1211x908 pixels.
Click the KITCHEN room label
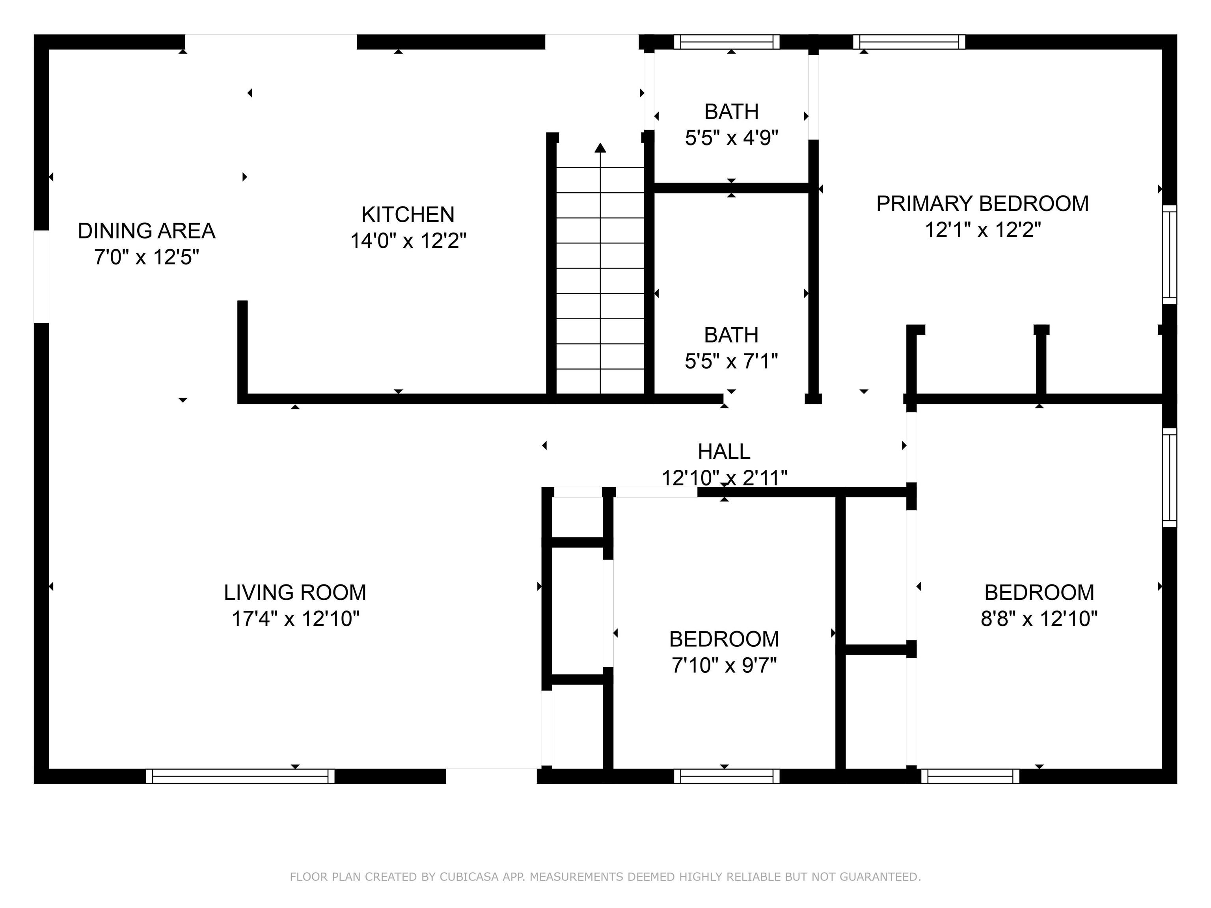(408, 214)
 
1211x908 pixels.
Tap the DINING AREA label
(146, 231)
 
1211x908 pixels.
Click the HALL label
(724, 452)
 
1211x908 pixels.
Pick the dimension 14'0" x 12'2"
(408, 241)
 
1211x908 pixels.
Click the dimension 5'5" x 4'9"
(731, 138)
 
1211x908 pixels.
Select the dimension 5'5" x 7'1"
(731, 361)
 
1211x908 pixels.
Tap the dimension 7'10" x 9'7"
(724, 666)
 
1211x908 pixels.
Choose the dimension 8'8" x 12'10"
(1039, 619)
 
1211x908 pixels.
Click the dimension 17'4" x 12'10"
(295, 619)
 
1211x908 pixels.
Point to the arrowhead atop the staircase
(601, 148)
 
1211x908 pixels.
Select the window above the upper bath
(726, 42)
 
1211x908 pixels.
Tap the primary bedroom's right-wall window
(1169, 255)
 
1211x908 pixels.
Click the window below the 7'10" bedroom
(726, 776)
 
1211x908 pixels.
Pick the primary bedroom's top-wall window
(909, 42)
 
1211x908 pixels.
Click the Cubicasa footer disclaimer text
(605, 877)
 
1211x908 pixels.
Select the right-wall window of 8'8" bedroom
(1169, 477)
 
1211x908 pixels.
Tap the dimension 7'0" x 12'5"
(146, 257)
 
